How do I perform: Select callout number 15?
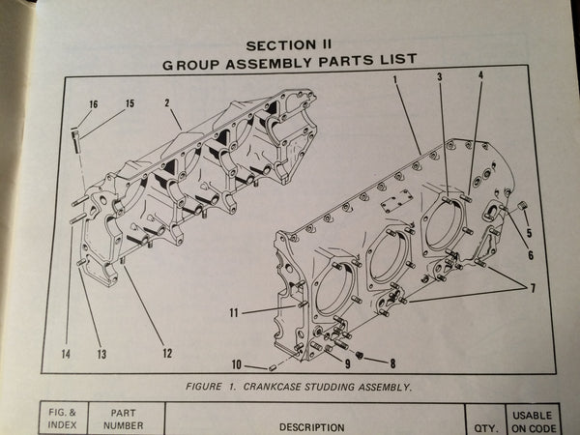click(129, 103)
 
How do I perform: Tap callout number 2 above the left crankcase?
click(166, 101)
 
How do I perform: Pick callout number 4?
click(480, 74)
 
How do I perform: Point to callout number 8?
click(391, 363)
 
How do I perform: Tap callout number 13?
click(100, 354)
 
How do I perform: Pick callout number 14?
click(65, 354)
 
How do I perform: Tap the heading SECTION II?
click(289, 44)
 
